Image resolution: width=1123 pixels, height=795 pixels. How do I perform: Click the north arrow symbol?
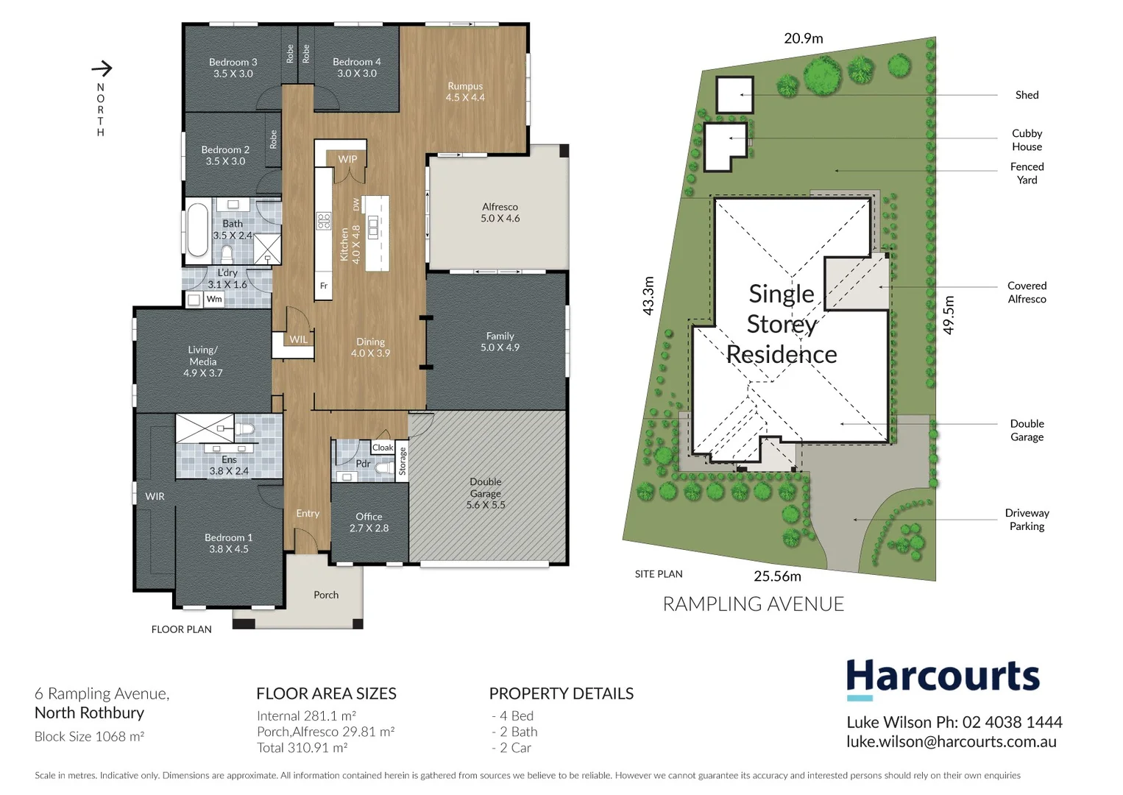pos(102,68)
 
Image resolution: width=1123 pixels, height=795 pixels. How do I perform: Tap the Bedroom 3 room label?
pos(233,68)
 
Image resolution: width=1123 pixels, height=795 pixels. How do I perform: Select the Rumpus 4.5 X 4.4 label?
pos(465,91)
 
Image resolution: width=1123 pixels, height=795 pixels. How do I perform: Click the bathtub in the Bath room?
pos(197,230)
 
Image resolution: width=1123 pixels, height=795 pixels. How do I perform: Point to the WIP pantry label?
pos(347,159)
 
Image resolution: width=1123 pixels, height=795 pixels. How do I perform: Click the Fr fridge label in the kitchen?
pos(323,286)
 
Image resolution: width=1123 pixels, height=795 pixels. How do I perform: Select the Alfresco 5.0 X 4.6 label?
pos(500,213)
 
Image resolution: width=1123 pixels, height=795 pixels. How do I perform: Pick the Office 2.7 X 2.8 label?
pos(369,522)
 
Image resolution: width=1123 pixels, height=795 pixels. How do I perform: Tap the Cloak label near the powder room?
pos(383,448)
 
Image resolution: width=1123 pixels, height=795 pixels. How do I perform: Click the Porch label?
pos(326,595)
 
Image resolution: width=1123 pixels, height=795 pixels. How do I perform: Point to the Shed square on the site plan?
pos(734,95)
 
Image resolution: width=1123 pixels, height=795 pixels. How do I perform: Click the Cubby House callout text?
pos(1027,140)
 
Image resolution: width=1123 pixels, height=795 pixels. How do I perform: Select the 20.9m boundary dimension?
pos(803,38)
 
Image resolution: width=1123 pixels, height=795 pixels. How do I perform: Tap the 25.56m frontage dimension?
pos(777,576)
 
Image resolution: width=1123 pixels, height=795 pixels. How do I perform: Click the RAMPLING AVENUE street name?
pos(753,604)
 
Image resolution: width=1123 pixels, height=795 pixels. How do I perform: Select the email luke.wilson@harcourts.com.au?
pos(951,742)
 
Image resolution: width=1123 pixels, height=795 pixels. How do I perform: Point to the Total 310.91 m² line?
pos(302,748)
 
